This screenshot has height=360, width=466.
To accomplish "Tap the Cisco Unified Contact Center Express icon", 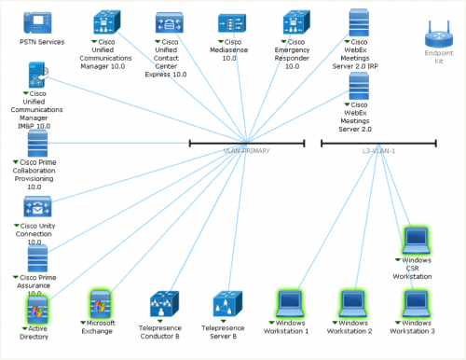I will (169, 23).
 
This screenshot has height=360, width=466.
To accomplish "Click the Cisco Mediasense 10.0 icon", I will (232, 23).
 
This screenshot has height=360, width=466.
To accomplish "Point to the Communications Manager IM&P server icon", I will (37, 76).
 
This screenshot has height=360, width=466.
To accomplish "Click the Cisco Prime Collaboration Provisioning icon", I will (37, 145).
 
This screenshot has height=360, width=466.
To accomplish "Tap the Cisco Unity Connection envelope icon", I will (37, 208).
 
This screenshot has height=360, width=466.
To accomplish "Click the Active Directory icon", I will (37, 307).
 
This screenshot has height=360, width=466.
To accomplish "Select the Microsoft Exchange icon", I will (100, 303).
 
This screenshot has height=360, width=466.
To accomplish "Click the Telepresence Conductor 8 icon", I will (164, 304).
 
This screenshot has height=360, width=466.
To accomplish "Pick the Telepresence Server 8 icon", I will (226, 304).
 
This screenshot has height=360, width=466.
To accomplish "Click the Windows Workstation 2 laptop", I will (352, 303).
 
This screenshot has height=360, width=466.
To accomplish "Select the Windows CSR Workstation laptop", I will (416, 241).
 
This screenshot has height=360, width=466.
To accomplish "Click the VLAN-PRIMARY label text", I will (247, 150).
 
